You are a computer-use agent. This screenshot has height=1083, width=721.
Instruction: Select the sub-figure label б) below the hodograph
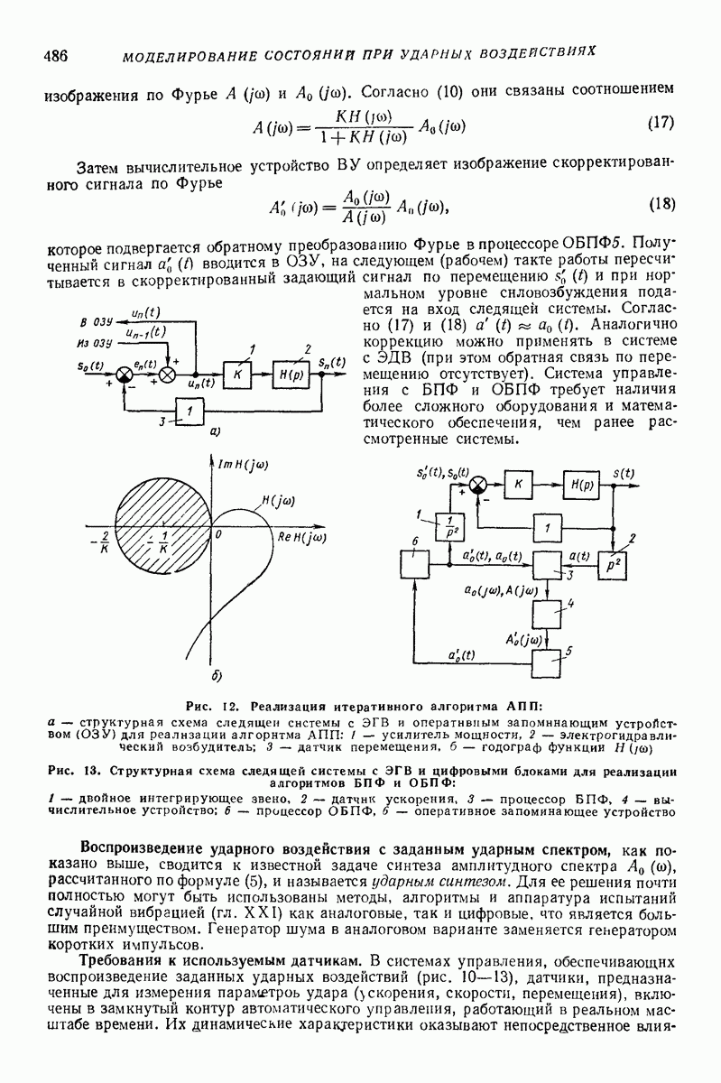(216, 675)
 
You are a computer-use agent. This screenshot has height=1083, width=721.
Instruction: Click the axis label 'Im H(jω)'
(245, 464)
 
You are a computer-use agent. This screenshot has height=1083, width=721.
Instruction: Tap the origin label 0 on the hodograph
(217, 534)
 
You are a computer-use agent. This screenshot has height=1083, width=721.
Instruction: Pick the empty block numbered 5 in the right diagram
(547, 664)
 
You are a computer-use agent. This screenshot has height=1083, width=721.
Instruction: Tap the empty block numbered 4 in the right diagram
(547, 614)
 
